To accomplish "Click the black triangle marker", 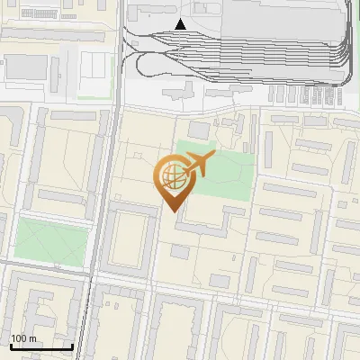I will coord(181,24).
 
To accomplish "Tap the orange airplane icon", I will coord(199,165).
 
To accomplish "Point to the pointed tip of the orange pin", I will coord(171,211).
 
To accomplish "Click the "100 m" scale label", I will coord(24,338).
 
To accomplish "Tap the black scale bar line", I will coord(41,346).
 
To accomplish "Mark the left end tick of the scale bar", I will coord(11,345).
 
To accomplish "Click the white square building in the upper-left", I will coord(94,65).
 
